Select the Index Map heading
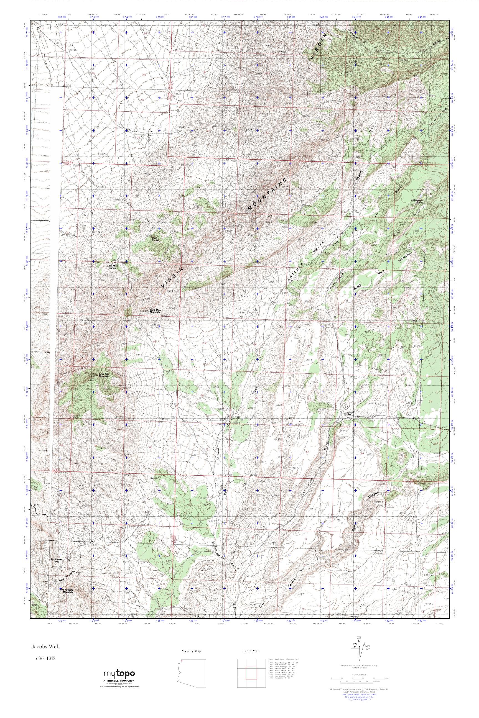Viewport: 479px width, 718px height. click(251, 651)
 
